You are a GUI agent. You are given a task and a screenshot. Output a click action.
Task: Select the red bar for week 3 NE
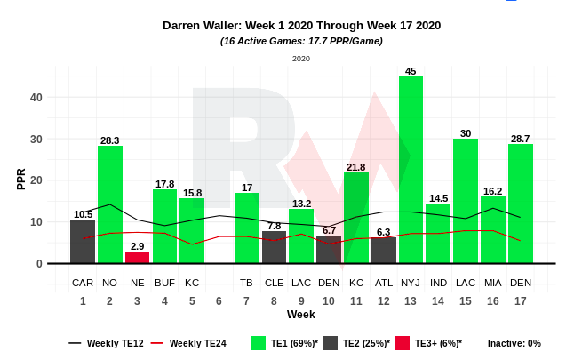pos(137,258)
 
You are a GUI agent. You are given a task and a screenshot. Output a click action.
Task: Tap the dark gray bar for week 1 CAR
pos(83,241)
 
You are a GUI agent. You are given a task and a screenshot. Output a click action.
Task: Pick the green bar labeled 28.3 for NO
pos(110,204)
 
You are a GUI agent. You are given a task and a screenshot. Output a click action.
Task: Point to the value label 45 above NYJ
pos(411,71)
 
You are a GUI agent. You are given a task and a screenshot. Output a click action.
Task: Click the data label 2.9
pos(137,246)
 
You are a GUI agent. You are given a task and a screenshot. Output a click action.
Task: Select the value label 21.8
pos(355,167)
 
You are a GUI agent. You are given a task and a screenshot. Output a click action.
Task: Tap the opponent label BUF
pos(164,283)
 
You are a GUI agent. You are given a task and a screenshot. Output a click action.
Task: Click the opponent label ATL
pos(383,283)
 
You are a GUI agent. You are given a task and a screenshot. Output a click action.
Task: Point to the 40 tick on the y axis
pos(36,98)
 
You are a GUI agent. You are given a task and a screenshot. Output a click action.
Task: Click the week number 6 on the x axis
pos(219,300)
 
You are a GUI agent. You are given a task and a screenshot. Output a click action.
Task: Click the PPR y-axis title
pos(21,179)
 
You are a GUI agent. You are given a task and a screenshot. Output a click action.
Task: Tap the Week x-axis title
pos(300,315)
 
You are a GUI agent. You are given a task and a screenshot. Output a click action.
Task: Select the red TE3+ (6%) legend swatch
pos(402,343)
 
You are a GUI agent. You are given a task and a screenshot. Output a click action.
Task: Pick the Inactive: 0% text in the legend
pos(514,343)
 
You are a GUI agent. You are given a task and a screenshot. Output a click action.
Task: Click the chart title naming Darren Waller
pos(301,26)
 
